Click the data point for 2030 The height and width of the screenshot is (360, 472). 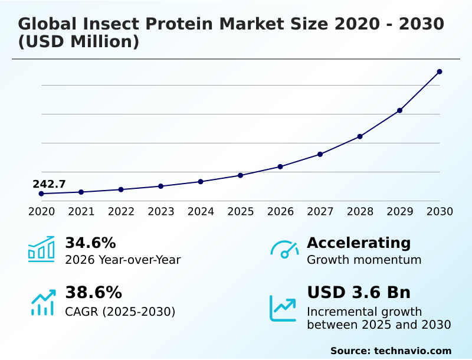click(440, 71)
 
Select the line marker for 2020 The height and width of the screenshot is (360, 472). click(41, 194)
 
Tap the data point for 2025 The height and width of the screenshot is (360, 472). click(241, 175)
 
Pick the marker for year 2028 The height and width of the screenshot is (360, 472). click(360, 136)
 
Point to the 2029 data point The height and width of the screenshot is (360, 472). click(399, 110)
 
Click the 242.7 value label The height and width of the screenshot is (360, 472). click(49, 184)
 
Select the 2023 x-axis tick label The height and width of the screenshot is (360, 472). click(160, 212)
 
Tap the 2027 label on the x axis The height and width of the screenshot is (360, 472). click(320, 212)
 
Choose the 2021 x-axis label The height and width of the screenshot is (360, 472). click(81, 212)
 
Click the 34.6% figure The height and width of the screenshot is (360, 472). click(90, 243)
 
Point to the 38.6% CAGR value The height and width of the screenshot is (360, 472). click(93, 293)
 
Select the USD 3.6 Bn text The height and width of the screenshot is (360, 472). click(359, 293)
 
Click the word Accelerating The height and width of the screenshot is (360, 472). click(359, 243)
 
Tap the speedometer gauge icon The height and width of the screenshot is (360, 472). click(284, 250)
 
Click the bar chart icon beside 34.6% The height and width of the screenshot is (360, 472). click(41, 250)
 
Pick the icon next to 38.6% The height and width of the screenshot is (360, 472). click(42, 302)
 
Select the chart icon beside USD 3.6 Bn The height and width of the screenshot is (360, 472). click(283, 308)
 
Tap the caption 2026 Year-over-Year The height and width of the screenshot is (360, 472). click(123, 260)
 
